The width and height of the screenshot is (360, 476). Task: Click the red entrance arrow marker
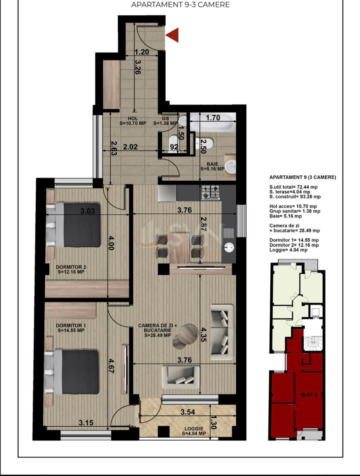pyautogui.click(x=173, y=35)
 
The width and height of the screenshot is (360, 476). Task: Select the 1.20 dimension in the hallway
pyautogui.click(x=141, y=52)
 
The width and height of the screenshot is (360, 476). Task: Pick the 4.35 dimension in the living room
pyautogui.click(x=203, y=333)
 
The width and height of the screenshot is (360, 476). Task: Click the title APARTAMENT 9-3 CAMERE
pyautogui.click(x=180, y=5)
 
